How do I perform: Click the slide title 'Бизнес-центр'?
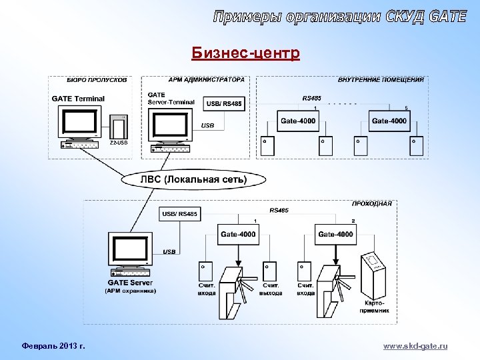245,53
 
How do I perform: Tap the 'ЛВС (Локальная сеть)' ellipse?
193,179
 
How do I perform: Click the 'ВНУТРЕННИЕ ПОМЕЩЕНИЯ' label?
381,80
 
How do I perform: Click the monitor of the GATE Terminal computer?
79,122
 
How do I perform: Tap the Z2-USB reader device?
119,127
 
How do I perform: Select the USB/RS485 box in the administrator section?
225,103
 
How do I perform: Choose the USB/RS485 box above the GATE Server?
179,213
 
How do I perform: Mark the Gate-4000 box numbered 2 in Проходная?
335,234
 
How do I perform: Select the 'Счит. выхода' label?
270,289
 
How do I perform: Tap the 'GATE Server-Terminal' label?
170,99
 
